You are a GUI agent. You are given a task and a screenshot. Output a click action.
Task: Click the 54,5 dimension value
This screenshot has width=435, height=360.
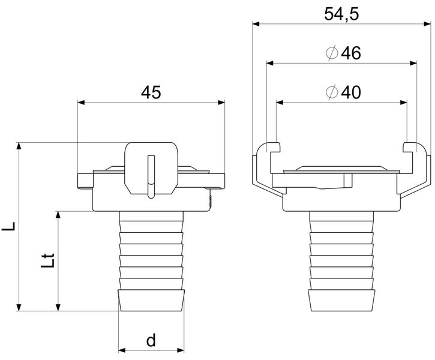point(341,14)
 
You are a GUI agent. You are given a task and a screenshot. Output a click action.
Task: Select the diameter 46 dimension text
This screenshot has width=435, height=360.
point(343,53)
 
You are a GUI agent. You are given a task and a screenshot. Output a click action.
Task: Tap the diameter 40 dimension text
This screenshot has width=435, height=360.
point(343,92)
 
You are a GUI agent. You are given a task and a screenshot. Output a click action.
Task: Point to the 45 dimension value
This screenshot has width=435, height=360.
point(151,92)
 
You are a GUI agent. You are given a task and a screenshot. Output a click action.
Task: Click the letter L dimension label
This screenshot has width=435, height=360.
point(8,226)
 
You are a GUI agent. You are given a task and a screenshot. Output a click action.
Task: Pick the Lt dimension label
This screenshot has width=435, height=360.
point(47,260)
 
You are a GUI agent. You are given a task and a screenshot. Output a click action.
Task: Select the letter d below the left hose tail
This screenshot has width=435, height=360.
point(151,340)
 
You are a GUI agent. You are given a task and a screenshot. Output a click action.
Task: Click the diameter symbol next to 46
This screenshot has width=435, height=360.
point(332,53)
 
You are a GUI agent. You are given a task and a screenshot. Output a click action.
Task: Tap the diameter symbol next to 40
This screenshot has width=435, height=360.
point(332,92)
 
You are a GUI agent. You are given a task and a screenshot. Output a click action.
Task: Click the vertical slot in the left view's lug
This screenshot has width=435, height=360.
point(151,176)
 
